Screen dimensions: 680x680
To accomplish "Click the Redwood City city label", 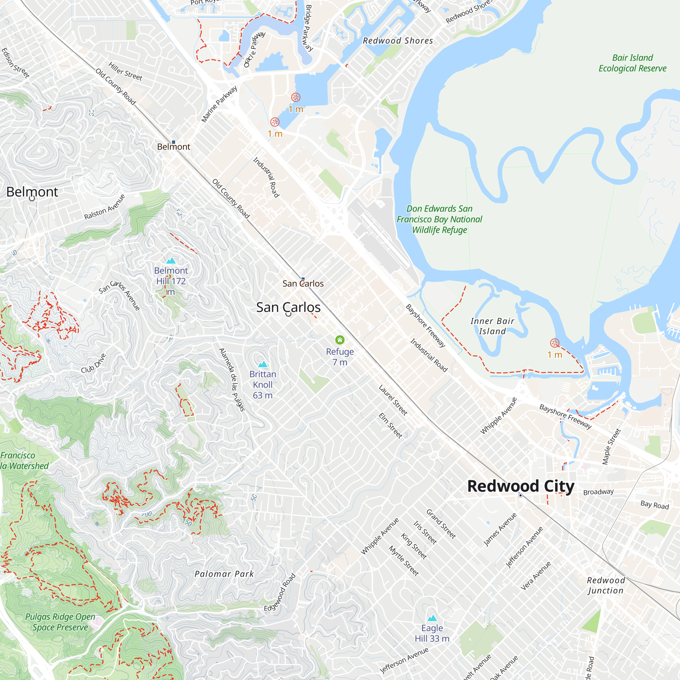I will coord(521,486).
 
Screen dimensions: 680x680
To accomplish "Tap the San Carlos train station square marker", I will coord(303,278).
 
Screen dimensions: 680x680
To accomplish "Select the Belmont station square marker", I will coord(173,142).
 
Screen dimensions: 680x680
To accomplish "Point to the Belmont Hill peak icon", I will coord(171,261).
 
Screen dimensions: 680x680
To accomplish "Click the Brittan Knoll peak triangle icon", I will coord(262,364).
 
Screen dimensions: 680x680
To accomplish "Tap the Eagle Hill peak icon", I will coord(432,618).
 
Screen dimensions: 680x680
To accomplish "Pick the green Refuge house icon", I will coord(340,340).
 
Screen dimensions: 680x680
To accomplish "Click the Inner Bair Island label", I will coord(492,326).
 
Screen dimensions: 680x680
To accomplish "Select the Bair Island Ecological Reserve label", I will coord(632,63).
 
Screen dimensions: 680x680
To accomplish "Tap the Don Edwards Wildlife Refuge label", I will coord(439,219).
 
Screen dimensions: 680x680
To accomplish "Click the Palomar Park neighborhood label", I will coord(224,574).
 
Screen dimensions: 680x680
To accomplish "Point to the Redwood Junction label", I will coord(606,585).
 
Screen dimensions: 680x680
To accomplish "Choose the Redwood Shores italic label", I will coord(398,41).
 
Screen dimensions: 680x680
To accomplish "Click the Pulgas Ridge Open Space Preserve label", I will coord(60,622).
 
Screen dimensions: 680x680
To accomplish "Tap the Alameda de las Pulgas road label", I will coord(232,379).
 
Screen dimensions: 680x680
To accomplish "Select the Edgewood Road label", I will coord(280,593).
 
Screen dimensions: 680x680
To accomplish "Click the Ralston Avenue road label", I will coord(104,207).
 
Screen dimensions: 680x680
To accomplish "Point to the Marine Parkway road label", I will coord(219,104).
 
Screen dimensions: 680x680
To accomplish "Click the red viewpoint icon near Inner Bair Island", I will coord(555,343).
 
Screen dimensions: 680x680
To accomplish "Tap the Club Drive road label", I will coord(93,363).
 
